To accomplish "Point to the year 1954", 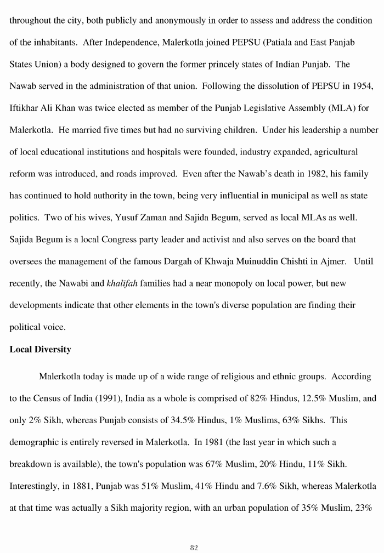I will (362, 86).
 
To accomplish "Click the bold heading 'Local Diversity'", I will (40, 349).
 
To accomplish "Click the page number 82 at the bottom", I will (194, 533).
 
